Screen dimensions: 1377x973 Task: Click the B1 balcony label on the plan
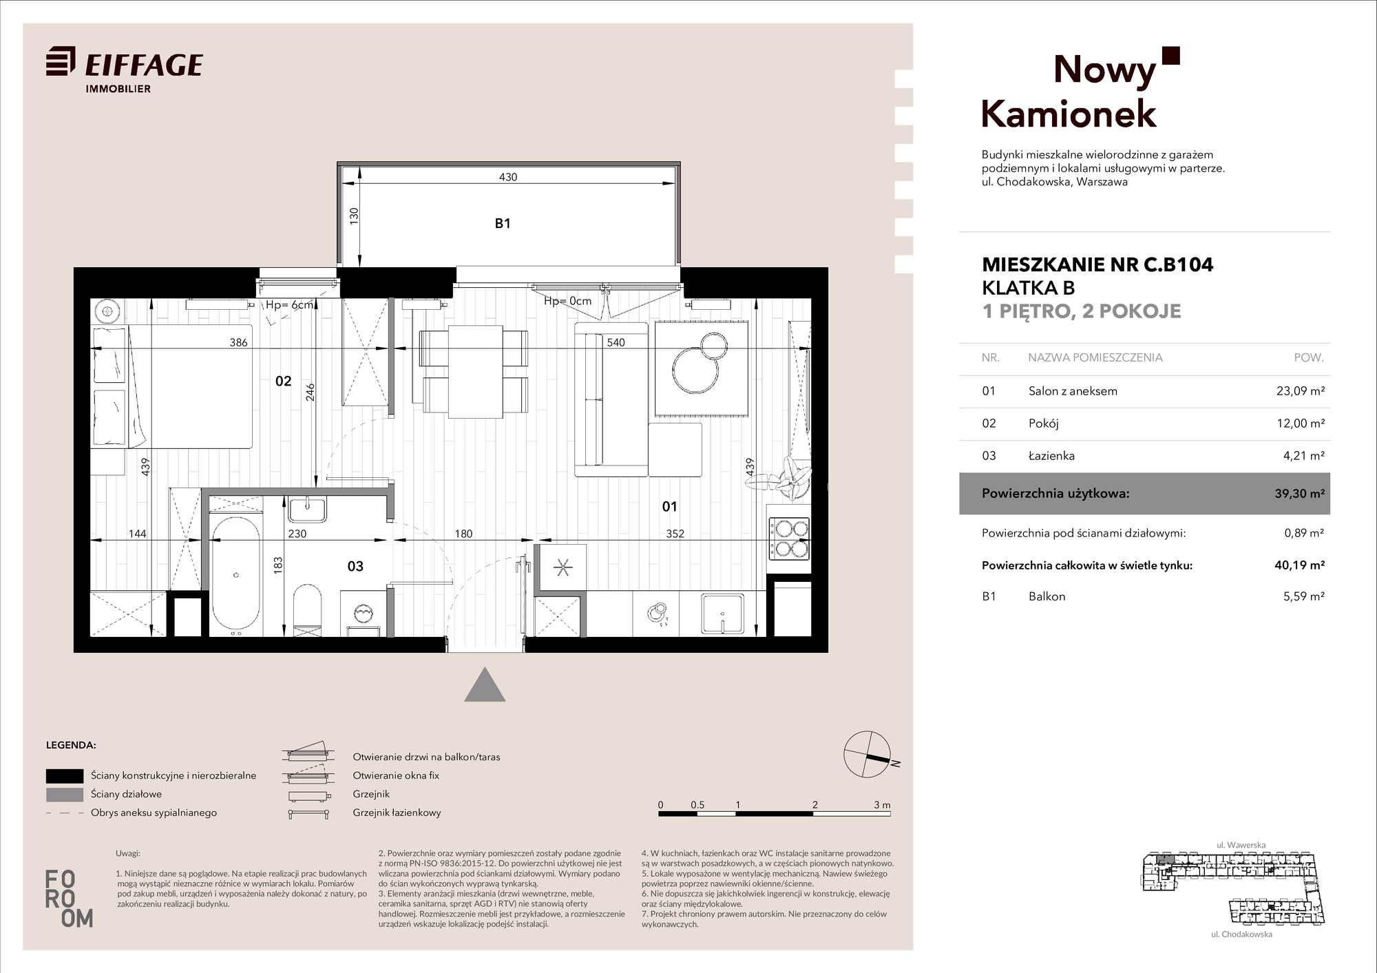click(503, 223)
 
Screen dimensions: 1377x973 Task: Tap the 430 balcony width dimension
click(508, 177)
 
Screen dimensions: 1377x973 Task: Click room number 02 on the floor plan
click(283, 381)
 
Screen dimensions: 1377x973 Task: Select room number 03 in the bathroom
click(355, 566)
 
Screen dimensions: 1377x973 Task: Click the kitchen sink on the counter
click(722, 614)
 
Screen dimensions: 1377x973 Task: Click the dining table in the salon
click(476, 372)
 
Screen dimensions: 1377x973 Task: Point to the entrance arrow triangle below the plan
click(485, 684)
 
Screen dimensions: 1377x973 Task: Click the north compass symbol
click(868, 755)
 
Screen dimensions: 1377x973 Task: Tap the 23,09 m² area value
click(1301, 390)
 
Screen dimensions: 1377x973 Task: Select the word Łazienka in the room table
click(1051, 456)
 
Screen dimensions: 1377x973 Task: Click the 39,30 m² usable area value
click(1300, 493)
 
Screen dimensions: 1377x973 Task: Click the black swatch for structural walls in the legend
click(65, 775)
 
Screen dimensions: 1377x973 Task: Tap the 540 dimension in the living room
click(616, 342)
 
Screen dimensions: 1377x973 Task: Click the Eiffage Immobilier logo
click(125, 69)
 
